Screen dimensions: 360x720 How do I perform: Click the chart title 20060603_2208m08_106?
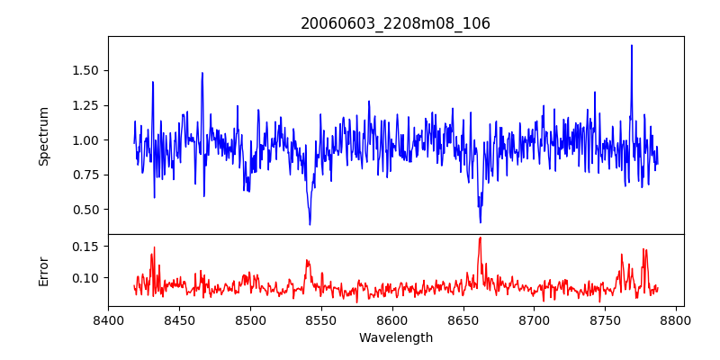pos(395,23)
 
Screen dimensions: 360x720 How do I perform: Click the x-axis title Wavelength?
pos(395,337)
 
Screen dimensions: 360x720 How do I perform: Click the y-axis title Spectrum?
pos(44,136)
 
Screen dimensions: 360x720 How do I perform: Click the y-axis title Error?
pos(44,270)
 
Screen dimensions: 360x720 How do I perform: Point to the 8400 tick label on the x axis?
pos(108,319)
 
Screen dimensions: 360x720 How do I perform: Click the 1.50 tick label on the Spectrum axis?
pos(85,70)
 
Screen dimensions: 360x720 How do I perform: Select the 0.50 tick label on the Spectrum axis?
pos(85,210)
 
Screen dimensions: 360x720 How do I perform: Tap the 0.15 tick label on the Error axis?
pos(85,247)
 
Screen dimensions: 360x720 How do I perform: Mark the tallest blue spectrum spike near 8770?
pos(632,46)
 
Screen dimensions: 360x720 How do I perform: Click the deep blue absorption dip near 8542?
pos(310,224)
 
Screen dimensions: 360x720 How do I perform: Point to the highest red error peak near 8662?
pos(480,238)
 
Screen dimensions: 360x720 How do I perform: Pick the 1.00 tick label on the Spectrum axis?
pos(85,140)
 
